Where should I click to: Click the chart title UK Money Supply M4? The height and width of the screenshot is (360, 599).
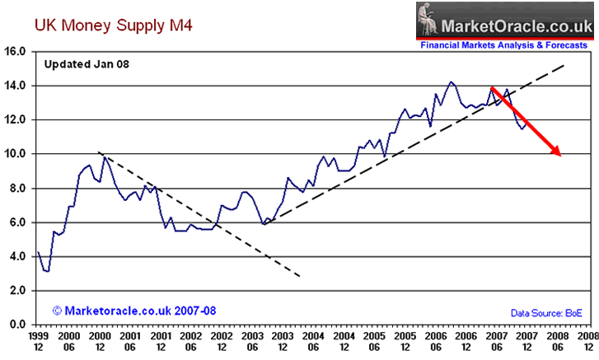(101, 26)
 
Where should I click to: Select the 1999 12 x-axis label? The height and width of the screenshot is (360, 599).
(39, 343)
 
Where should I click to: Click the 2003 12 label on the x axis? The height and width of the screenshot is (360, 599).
(280, 343)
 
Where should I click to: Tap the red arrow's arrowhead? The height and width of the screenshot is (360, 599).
(557, 152)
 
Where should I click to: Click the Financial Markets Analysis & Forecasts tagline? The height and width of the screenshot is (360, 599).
(504, 46)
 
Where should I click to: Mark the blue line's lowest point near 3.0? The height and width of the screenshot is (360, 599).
(48, 271)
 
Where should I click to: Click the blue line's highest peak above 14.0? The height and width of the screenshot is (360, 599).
(451, 82)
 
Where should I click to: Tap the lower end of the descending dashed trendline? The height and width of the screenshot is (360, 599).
(300, 276)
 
